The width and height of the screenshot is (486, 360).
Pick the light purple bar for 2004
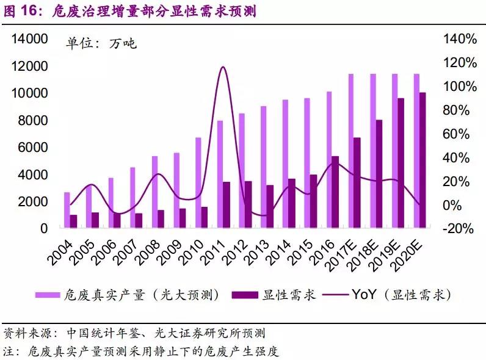coord(67,210)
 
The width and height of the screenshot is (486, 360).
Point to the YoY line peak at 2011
coord(223,67)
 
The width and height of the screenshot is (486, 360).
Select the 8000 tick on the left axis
coord(34,121)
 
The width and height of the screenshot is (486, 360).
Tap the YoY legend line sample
coord(333,295)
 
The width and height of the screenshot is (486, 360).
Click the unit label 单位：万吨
coord(101,43)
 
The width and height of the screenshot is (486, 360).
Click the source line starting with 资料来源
coord(134,333)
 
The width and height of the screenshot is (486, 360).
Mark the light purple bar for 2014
coord(285,164)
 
